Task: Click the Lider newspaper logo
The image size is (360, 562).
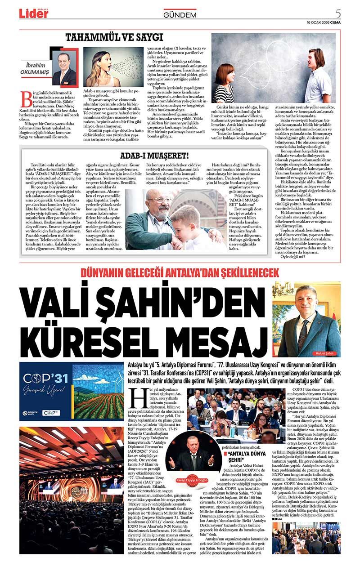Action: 33,14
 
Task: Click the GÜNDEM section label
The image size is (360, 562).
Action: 180,15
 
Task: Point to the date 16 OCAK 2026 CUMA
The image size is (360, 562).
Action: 324,22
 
